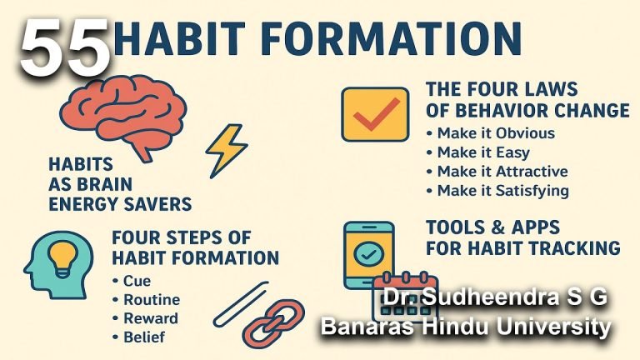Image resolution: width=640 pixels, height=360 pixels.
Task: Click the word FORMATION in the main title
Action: pyautogui.click(x=395, y=38)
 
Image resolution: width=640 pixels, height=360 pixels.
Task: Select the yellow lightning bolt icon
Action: pyautogui.click(x=227, y=151)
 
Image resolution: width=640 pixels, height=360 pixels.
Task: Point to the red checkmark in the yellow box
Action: pyautogui.click(x=376, y=114)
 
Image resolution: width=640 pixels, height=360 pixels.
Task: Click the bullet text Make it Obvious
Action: pyautogui.click(x=496, y=133)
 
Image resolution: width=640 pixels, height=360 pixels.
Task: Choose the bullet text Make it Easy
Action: pyautogui.click(x=483, y=152)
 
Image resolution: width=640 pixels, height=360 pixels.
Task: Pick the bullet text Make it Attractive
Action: pyautogui.click(x=502, y=171)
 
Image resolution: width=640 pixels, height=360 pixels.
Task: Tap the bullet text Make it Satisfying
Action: pyautogui.click(x=502, y=191)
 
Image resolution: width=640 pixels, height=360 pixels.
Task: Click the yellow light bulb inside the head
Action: pyautogui.click(x=62, y=258)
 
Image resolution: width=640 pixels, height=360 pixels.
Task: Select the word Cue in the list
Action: pyautogui.click(x=137, y=281)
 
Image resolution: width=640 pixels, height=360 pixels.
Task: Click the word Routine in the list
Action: pyautogui.click(x=152, y=300)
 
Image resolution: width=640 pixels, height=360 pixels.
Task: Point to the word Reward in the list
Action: pyautogui.click(x=151, y=318)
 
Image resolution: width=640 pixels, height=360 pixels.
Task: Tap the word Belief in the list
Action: pyautogui.click(x=144, y=337)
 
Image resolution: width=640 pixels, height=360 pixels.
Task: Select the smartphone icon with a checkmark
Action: pyautogui.click(x=369, y=255)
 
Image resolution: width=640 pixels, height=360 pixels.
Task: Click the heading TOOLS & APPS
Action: pyautogui.click(x=492, y=227)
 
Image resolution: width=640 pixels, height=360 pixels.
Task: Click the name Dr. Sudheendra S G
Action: pyautogui.click(x=495, y=297)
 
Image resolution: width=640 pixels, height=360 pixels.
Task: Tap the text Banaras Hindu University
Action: pyautogui.click(x=466, y=327)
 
